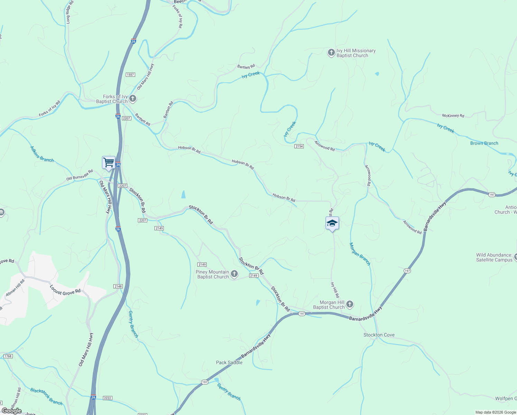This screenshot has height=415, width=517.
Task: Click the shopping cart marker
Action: tap(109, 162)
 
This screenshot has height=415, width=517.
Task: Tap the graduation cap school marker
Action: tap(332, 223)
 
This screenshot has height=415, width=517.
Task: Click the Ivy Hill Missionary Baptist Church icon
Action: tap(331, 53)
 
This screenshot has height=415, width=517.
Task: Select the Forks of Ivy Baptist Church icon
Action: tap(132, 99)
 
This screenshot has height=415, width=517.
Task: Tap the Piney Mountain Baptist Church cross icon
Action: tap(234, 274)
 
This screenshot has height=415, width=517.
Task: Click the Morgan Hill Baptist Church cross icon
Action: tap(350, 304)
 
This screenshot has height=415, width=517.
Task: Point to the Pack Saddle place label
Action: tap(229, 362)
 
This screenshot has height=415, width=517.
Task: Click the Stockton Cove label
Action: tap(379, 335)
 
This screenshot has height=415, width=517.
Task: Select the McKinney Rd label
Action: tap(453, 116)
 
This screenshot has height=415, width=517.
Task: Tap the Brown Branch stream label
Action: tap(484, 143)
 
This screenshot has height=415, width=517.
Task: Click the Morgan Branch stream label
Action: tap(360, 254)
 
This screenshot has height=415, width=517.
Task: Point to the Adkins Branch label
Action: tap(42, 154)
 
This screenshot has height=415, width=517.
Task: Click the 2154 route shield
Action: tap(299, 146)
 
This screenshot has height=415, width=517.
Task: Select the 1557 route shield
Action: tap(130, 75)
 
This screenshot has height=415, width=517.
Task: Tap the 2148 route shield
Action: tap(118, 286)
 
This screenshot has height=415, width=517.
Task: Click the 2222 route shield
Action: tap(107, 398)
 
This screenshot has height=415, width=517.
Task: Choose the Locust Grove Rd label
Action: tap(65, 290)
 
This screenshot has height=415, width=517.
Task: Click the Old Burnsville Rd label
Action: tap(79, 175)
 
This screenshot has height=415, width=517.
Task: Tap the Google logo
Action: tap(12, 411)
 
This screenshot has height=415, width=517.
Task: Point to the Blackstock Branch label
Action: tap(46, 396)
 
